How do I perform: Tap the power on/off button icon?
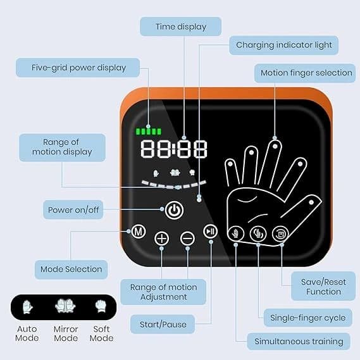click(x=174, y=210)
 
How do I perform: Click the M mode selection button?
click(x=139, y=231)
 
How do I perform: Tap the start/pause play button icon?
click(x=210, y=231)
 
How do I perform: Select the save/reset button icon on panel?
click(x=280, y=233)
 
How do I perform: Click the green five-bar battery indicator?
click(x=149, y=132)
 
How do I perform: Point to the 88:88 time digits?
click(x=174, y=149)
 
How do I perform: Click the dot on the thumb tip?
click(x=311, y=202)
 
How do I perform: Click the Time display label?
click(x=181, y=27)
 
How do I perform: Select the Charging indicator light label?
click(x=284, y=45)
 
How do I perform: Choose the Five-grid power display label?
click(x=78, y=68)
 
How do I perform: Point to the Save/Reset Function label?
click(x=323, y=287)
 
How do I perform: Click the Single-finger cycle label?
click(x=308, y=318)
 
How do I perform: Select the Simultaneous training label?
click(x=299, y=342)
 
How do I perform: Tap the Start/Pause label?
click(x=163, y=324)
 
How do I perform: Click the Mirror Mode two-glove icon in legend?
click(x=65, y=306)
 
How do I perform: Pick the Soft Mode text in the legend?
click(x=101, y=333)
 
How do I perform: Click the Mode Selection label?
click(x=71, y=270)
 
